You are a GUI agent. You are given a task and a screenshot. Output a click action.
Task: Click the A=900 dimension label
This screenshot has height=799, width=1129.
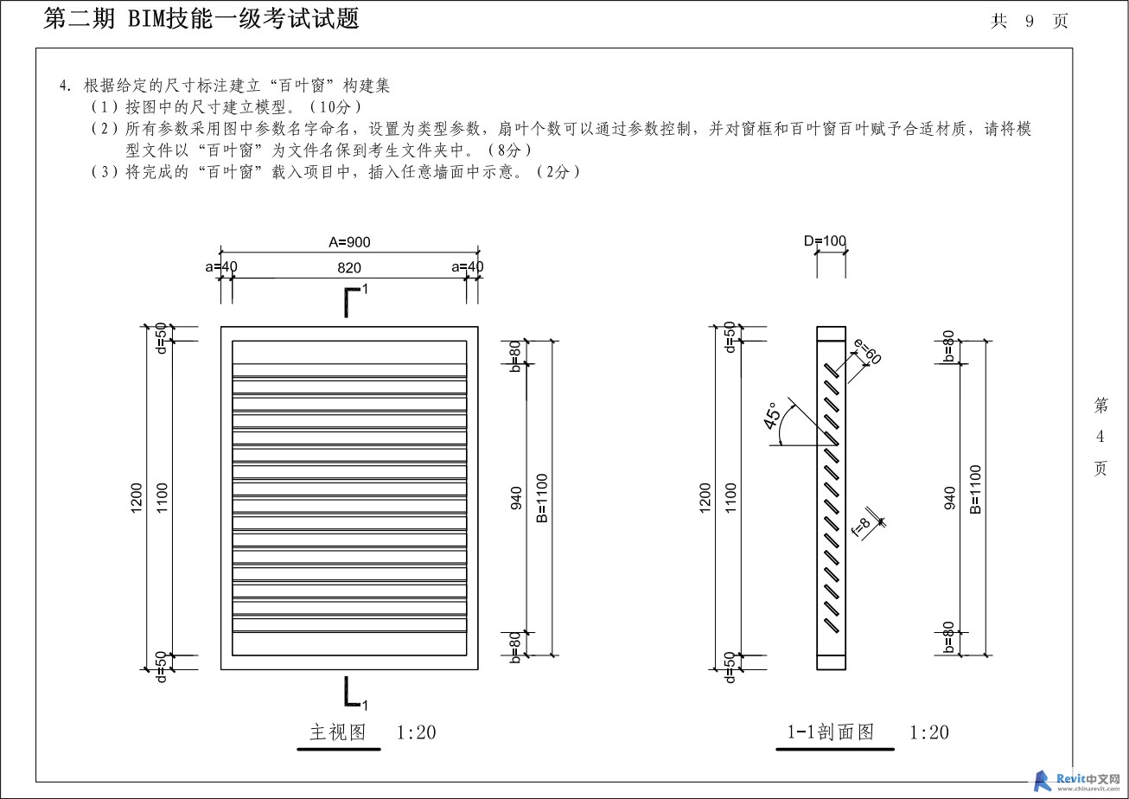click(x=349, y=242)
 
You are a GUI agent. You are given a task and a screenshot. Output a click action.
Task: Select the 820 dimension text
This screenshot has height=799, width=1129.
click(x=349, y=268)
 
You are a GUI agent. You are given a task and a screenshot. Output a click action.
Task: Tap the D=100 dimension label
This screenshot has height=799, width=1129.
click(x=825, y=241)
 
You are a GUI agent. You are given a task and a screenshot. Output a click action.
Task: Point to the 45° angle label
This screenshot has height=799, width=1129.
click(x=773, y=416)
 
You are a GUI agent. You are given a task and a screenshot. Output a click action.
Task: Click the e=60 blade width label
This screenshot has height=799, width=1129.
click(x=867, y=351)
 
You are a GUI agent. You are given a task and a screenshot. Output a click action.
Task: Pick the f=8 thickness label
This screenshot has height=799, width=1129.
click(x=861, y=527)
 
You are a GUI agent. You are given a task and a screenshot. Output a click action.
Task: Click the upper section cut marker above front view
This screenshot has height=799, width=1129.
click(x=354, y=301)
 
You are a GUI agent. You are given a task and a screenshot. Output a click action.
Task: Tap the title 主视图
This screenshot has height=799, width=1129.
click(x=338, y=732)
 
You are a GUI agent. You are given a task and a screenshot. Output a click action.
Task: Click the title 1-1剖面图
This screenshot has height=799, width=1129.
click(x=830, y=732)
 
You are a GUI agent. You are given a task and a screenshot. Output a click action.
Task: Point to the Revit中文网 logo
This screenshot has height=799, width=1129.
click(x=1077, y=780)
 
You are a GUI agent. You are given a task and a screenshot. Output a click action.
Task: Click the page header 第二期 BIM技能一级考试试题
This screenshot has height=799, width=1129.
click(x=201, y=19)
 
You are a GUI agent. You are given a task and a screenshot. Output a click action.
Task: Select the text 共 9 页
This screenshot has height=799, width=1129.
click(x=1030, y=21)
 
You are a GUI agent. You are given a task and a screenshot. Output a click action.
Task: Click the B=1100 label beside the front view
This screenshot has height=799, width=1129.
click(x=542, y=498)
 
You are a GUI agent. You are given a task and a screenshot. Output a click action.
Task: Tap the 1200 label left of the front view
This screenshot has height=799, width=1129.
click(x=137, y=498)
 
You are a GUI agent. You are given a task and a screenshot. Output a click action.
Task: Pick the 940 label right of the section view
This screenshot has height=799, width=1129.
click(x=949, y=498)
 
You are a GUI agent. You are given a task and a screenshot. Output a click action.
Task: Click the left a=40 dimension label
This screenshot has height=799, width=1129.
click(x=221, y=266)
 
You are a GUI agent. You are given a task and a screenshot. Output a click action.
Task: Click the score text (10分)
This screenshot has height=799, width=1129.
click(x=335, y=107)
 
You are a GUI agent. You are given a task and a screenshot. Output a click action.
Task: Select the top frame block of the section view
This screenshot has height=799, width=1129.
click(x=831, y=334)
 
